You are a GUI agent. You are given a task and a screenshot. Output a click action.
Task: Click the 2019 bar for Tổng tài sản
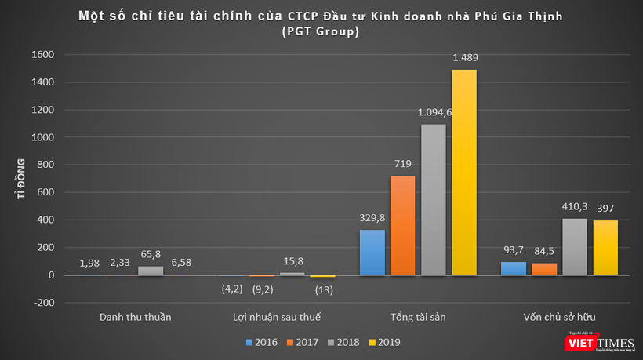click(464, 173)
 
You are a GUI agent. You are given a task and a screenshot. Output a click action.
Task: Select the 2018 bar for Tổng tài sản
click(434, 200)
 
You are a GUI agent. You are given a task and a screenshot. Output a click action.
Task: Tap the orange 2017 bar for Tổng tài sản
click(403, 226)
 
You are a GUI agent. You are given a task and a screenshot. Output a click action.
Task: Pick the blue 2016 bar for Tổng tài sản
click(372, 253)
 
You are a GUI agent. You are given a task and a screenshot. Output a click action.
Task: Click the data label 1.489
click(464, 59)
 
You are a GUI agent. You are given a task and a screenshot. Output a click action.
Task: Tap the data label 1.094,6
click(434, 114)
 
